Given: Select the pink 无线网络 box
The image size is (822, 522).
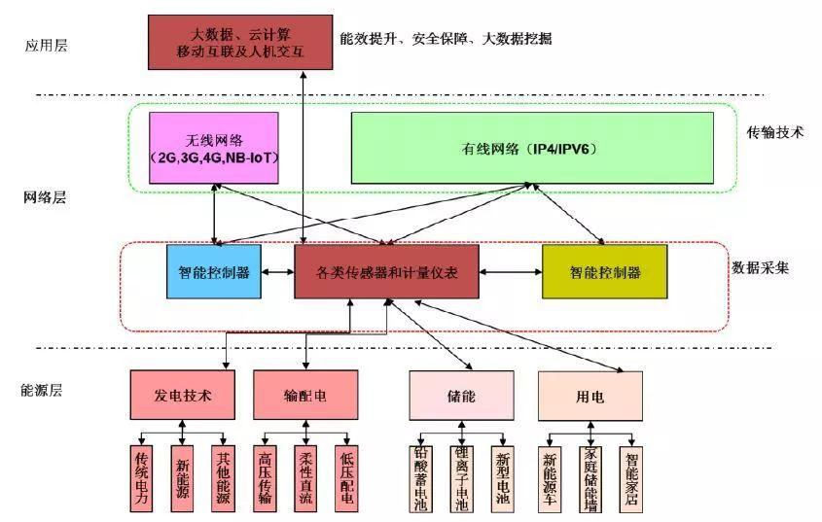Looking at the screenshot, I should pyautogui.click(x=214, y=148).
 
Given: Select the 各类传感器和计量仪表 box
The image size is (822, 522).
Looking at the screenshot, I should pyautogui.click(x=386, y=271).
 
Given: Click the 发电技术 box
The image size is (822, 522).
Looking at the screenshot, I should pyautogui.click(x=183, y=395).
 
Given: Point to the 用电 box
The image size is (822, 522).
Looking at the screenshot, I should pyautogui.click(x=591, y=395).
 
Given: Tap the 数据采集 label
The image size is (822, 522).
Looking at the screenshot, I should pyautogui.click(x=760, y=266).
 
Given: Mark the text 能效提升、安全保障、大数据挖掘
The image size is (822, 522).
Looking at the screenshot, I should pyautogui.click(x=447, y=39).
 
